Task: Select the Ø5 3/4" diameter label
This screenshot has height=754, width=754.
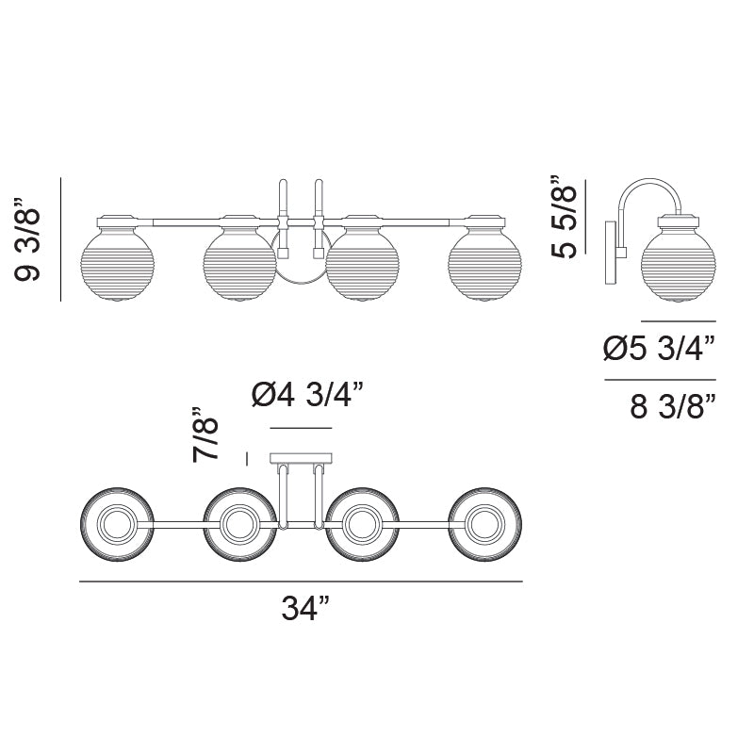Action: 659,351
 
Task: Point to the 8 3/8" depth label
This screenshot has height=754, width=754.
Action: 672,406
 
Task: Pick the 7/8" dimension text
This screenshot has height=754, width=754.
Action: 206,434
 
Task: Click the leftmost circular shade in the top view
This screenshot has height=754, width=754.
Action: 116,524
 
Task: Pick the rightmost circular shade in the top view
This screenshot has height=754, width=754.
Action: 484,524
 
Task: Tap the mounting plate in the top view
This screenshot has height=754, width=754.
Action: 301,459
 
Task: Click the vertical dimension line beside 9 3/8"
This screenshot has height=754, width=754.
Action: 61,240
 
